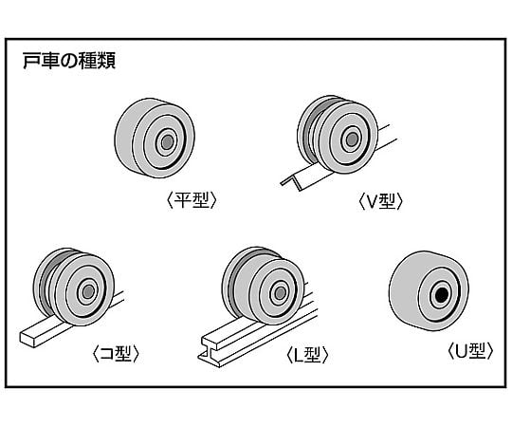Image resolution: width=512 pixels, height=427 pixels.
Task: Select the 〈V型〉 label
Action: click(x=383, y=200)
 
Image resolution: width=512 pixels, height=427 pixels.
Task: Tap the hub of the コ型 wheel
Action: click(x=89, y=290)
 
